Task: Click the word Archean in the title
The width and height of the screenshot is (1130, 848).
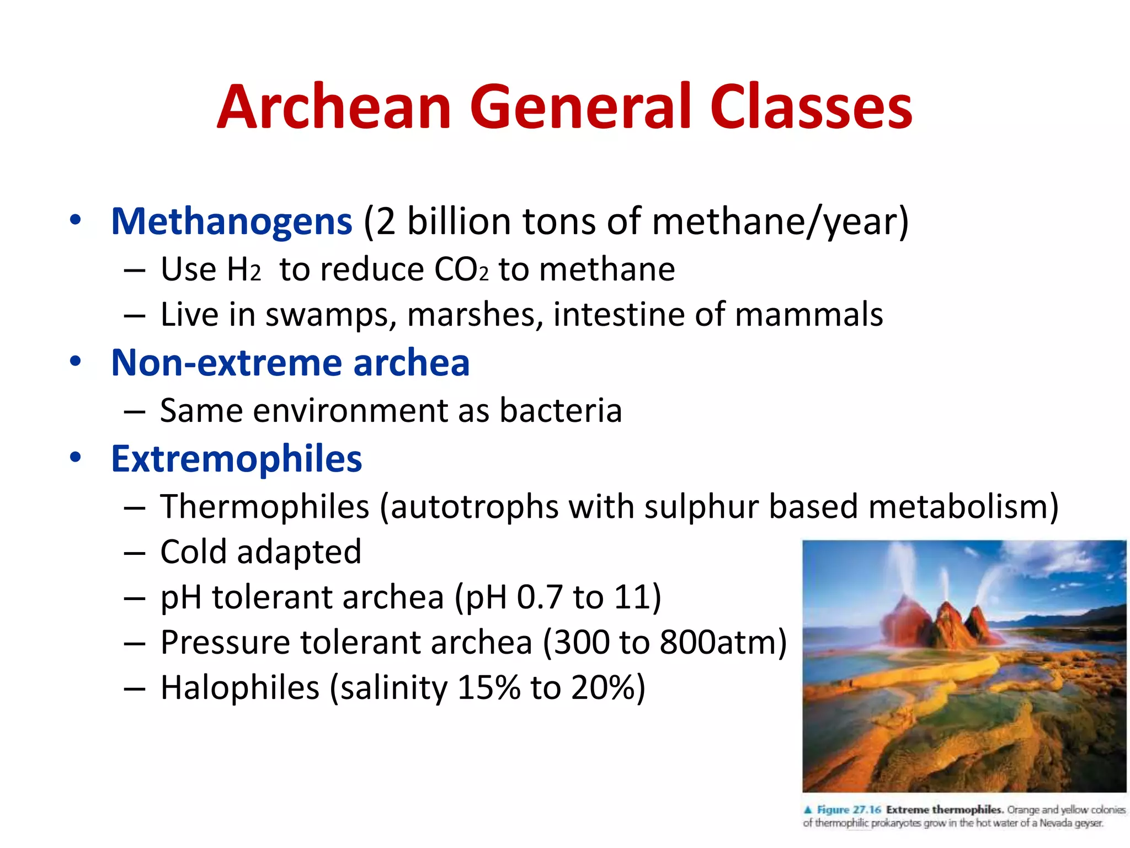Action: pos(334,107)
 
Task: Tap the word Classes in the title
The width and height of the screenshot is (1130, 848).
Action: pos(811,107)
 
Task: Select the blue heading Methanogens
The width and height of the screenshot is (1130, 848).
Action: pos(231,221)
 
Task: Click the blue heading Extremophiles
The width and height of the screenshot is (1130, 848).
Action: pos(236,459)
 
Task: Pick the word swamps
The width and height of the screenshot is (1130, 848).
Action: pos(331,315)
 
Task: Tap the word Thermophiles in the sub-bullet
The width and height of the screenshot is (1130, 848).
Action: pos(264,506)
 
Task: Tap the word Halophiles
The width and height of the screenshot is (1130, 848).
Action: pos(239,687)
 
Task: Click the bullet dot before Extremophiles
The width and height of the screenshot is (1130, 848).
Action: pos(76,458)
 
